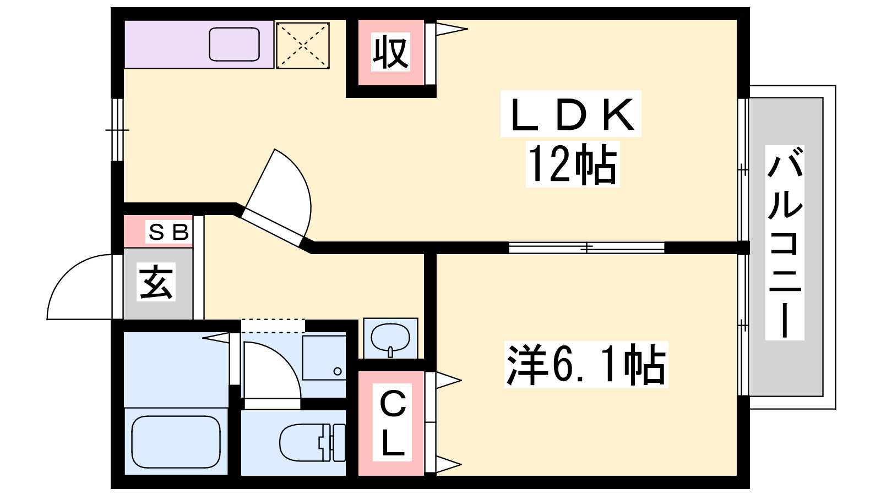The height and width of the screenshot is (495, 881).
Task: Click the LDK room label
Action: pos(571,114)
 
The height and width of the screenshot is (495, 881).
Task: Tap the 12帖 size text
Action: pos(572,164)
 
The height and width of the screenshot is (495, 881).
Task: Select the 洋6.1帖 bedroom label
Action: pos(586,365)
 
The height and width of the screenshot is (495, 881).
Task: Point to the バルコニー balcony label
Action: pos(785,243)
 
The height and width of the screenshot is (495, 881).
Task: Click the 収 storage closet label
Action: pos(390,53)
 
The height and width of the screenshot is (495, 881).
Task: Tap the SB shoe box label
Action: pos(168,232)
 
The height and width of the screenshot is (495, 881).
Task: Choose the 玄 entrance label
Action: pos(156,283)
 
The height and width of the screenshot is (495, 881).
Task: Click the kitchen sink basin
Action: pos(234,45)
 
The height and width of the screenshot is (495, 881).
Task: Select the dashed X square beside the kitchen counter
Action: pos(302,46)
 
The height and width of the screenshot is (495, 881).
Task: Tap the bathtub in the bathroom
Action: pos(176,442)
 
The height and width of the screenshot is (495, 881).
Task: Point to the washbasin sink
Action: pos(390,338)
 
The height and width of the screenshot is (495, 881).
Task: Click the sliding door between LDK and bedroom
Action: pos(586,248)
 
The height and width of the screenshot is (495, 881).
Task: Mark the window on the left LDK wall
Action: pos(117,130)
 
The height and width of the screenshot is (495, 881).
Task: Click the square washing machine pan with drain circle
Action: pos(324,358)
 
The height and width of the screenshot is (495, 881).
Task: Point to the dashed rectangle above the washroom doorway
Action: pos(273,326)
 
